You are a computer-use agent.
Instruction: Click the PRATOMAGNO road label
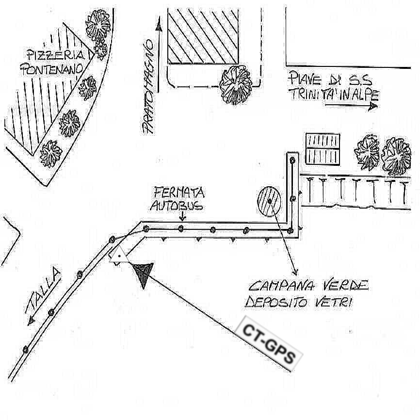[x=148, y=87]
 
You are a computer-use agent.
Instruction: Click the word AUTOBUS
[x=177, y=206]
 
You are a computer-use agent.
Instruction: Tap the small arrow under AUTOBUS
[x=181, y=217]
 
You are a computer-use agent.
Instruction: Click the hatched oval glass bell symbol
[x=269, y=200]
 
